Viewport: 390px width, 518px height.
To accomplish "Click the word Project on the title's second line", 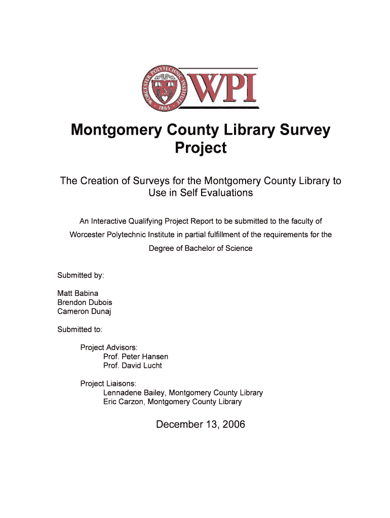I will click(201, 149).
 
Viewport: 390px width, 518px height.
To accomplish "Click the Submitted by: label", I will click(81, 275).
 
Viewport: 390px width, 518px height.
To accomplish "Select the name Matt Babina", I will click(78, 293).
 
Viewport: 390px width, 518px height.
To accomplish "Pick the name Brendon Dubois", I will click(85, 303).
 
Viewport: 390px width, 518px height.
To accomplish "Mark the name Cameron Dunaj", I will click(84, 312).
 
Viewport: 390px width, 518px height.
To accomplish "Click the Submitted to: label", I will click(80, 329).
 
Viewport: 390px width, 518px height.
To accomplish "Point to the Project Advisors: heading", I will click(109, 348).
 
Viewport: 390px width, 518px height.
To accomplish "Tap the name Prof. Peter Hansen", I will click(136, 357).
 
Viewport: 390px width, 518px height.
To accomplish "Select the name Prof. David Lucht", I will click(133, 366).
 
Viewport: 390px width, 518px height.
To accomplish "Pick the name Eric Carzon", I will click(124, 402).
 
